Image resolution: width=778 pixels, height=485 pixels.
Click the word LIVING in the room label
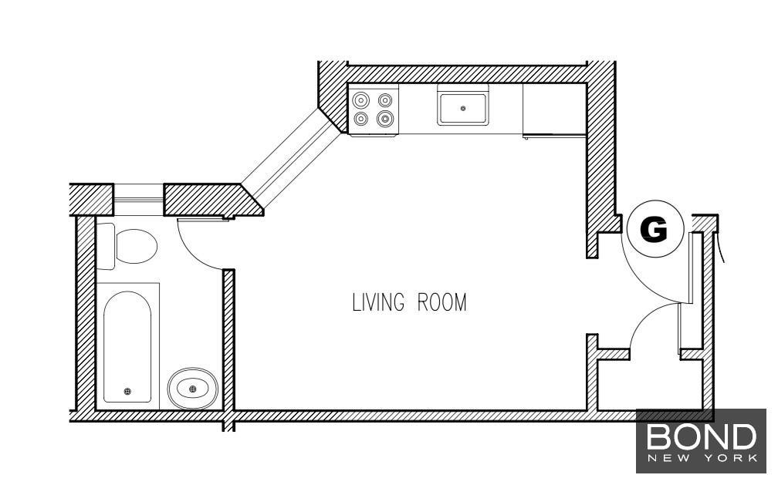pos(377,302)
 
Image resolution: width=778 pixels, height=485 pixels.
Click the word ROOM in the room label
pos(442,302)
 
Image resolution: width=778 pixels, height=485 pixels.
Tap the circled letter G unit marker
pos(655,228)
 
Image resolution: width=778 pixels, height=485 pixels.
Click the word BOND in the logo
pos(701,437)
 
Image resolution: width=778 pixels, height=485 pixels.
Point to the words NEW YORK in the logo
pos(702,458)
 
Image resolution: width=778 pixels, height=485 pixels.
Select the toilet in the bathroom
pos(127,246)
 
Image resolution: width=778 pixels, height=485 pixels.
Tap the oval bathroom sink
pos(192,389)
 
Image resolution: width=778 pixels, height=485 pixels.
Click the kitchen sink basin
pos(462,108)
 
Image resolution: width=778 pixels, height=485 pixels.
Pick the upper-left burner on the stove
pos(360,101)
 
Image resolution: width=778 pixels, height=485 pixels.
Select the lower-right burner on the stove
pos(385,119)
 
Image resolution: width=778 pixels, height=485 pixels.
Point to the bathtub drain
pos(127,391)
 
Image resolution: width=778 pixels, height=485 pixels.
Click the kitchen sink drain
pos(463,108)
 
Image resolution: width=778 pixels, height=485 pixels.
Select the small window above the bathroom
pos(138,200)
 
